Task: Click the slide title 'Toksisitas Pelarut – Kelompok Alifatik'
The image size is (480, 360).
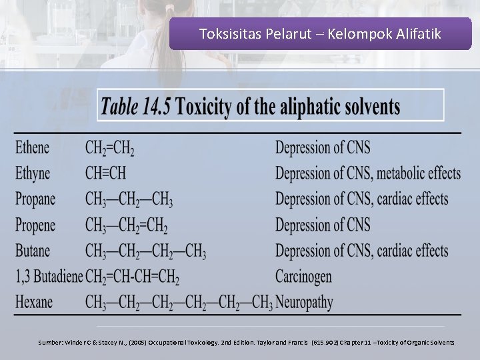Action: (x=320, y=34)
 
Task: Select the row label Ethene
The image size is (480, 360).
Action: (x=33, y=147)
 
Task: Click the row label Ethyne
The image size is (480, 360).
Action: (x=33, y=173)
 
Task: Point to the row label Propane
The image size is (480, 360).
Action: (x=35, y=199)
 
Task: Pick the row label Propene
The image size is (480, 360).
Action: (x=35, y=225)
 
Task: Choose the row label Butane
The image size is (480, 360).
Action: (x=33, y=251)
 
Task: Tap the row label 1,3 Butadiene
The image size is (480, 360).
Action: (x=49, y=276)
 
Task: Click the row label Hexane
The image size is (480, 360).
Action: (x=34, y=302)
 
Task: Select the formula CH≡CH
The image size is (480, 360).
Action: (x=105, y=173)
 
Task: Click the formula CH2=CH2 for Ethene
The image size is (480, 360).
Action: (x=110, y=147)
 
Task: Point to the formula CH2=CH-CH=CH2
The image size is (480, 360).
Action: (x=132, y=276)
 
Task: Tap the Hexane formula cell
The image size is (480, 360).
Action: (x=179, y=302)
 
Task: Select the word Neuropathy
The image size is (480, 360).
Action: (x=304, y=302)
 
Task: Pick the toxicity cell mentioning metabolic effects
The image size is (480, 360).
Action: (x=368, y=173)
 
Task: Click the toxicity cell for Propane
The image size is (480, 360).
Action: (x=361, y=199)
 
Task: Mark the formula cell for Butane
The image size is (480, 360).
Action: (x=145, y=251)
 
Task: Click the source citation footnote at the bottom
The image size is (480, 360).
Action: (x=246, y=342)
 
